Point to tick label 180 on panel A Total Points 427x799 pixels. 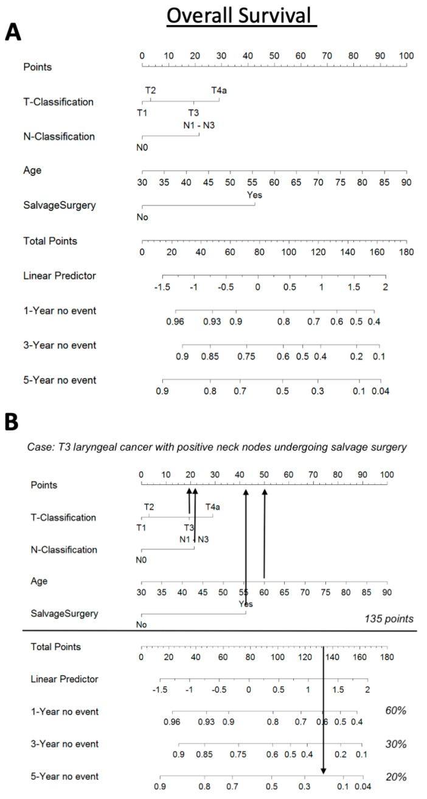pos(406,252)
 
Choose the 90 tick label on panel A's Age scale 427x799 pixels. pos(406,182)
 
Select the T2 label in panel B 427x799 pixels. pos(149,506)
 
